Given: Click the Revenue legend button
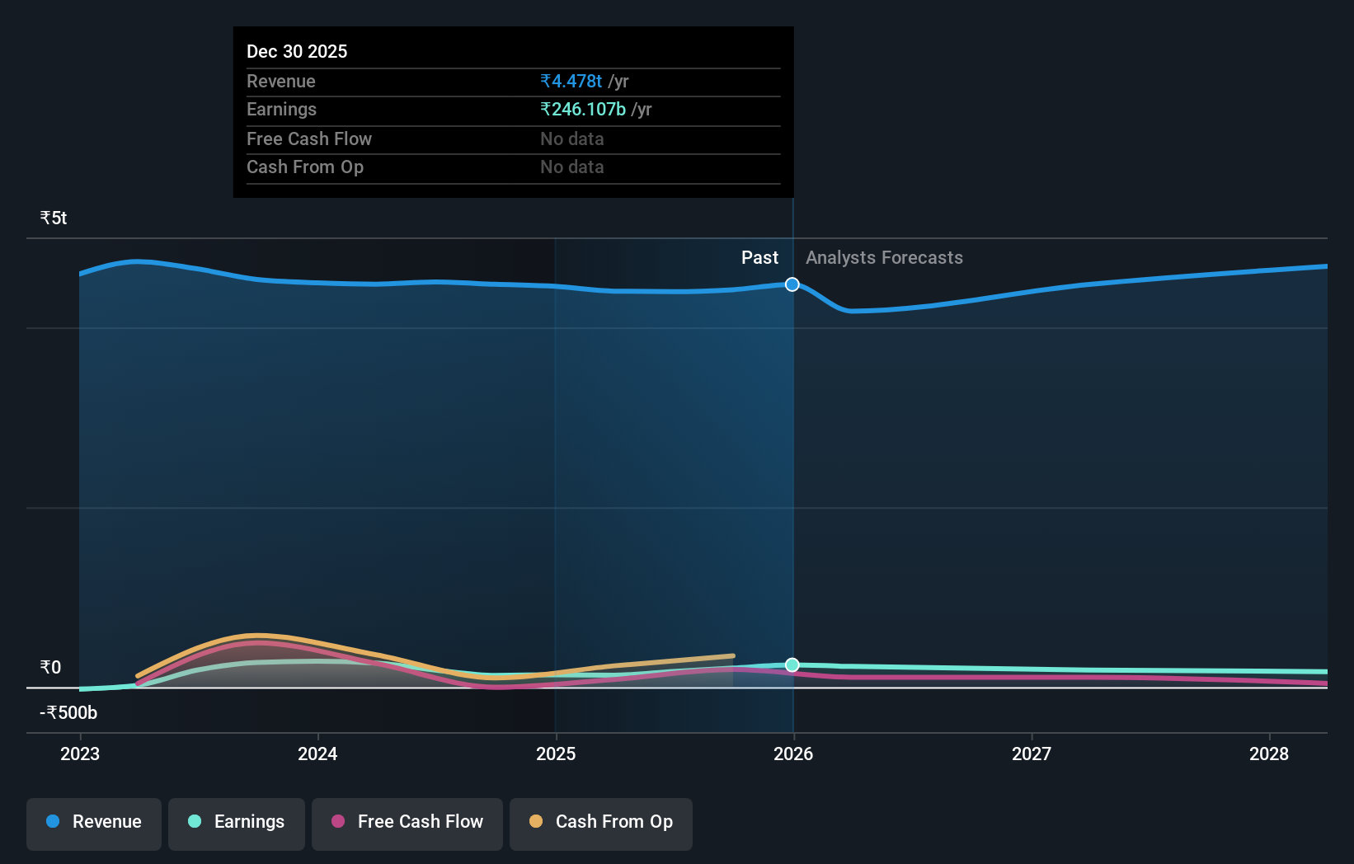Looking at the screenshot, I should click(94, 823).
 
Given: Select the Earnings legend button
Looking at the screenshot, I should click(237, 823).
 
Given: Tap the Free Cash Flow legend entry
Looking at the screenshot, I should click(407, 823).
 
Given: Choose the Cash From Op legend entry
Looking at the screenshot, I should click(601, 823).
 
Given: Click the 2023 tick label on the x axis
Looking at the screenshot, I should click(80, 754).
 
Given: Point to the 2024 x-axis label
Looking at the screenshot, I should click(317, 754).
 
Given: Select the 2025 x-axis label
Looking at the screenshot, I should click(556, 754).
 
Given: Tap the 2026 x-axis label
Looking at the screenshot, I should click(793, 754).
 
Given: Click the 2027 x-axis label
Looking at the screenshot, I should click(1031, 754).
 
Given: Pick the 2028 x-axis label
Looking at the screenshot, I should click(1268, 754).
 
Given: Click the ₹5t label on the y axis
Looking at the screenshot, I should click(54, 218).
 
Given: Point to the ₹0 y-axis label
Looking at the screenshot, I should click(51, 668).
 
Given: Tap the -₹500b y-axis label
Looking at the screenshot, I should click(68, 713).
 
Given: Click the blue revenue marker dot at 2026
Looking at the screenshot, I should click(792, 284).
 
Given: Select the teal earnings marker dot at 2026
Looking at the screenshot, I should click(792, 664).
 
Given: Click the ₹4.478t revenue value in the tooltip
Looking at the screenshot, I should click(571, 82).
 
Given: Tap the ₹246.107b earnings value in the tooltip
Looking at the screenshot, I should click(583, 110).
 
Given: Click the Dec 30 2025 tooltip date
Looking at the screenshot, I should click(297, 52).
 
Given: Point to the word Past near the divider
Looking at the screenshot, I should click(759, 258).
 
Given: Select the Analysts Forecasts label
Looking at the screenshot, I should click(884, 258).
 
